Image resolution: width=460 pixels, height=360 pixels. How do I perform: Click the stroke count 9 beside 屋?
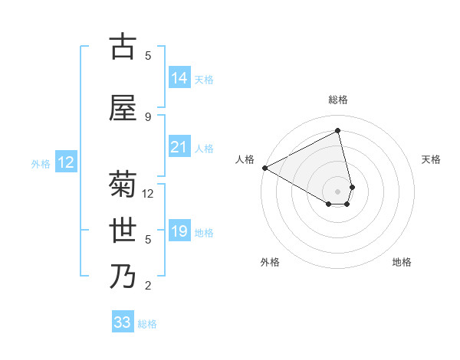pos(148,117)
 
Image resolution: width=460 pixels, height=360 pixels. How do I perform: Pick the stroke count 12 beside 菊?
pos(148,194)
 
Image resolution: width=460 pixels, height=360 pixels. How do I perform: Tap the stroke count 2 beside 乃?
pos(148,286)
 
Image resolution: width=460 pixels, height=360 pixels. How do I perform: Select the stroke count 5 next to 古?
pos(148,56)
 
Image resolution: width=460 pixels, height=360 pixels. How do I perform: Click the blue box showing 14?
pos(179,77)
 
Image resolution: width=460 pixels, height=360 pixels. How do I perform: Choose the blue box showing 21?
pos(179,147)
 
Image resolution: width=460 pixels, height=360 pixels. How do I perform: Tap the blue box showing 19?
pos(179,231)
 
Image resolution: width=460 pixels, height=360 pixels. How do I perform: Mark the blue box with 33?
pos(123,322)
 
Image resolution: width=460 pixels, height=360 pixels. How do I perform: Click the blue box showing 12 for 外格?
pos(66,162)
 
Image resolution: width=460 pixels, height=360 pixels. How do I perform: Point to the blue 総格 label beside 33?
pos(147,324)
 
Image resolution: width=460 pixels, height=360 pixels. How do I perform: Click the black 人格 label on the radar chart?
pos(245,159)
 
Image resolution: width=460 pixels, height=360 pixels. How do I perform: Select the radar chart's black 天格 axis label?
pos(431,159)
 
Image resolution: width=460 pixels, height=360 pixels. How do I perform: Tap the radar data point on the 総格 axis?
pos(338,131)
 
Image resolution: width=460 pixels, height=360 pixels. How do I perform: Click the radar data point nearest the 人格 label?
pos(264,168)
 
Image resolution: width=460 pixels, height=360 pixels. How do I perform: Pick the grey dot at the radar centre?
pos(338,191)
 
